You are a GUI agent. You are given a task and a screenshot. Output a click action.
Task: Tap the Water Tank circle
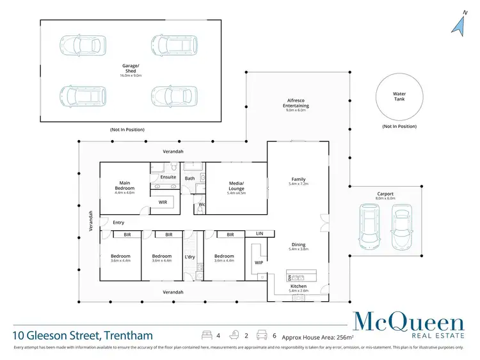click(399, 97)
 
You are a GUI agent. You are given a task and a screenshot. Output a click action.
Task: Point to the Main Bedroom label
click(124, 185)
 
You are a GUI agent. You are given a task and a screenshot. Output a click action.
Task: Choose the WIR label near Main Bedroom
click(163, 202)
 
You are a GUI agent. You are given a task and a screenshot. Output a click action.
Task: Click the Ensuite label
click(168, 177)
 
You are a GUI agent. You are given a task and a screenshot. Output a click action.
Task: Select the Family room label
click(298, 180)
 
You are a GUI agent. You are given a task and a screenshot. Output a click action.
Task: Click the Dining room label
click(298, 245)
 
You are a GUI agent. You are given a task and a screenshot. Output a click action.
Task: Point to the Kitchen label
click(298, 286)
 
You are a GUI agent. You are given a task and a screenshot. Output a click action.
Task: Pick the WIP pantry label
click(259, 262)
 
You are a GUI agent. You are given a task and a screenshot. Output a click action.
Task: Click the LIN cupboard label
click(259, 234)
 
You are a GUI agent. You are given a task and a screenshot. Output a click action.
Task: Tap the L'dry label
click(189, 256)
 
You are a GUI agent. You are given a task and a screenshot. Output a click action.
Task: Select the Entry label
click(118, 223)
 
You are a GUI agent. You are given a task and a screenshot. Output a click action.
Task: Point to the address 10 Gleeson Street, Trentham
click(83, 335)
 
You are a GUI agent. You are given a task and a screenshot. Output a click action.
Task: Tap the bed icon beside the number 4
click(207, 335)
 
